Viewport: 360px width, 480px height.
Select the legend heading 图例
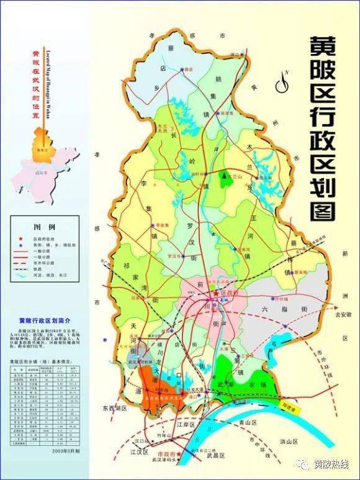(x=43, y=227)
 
